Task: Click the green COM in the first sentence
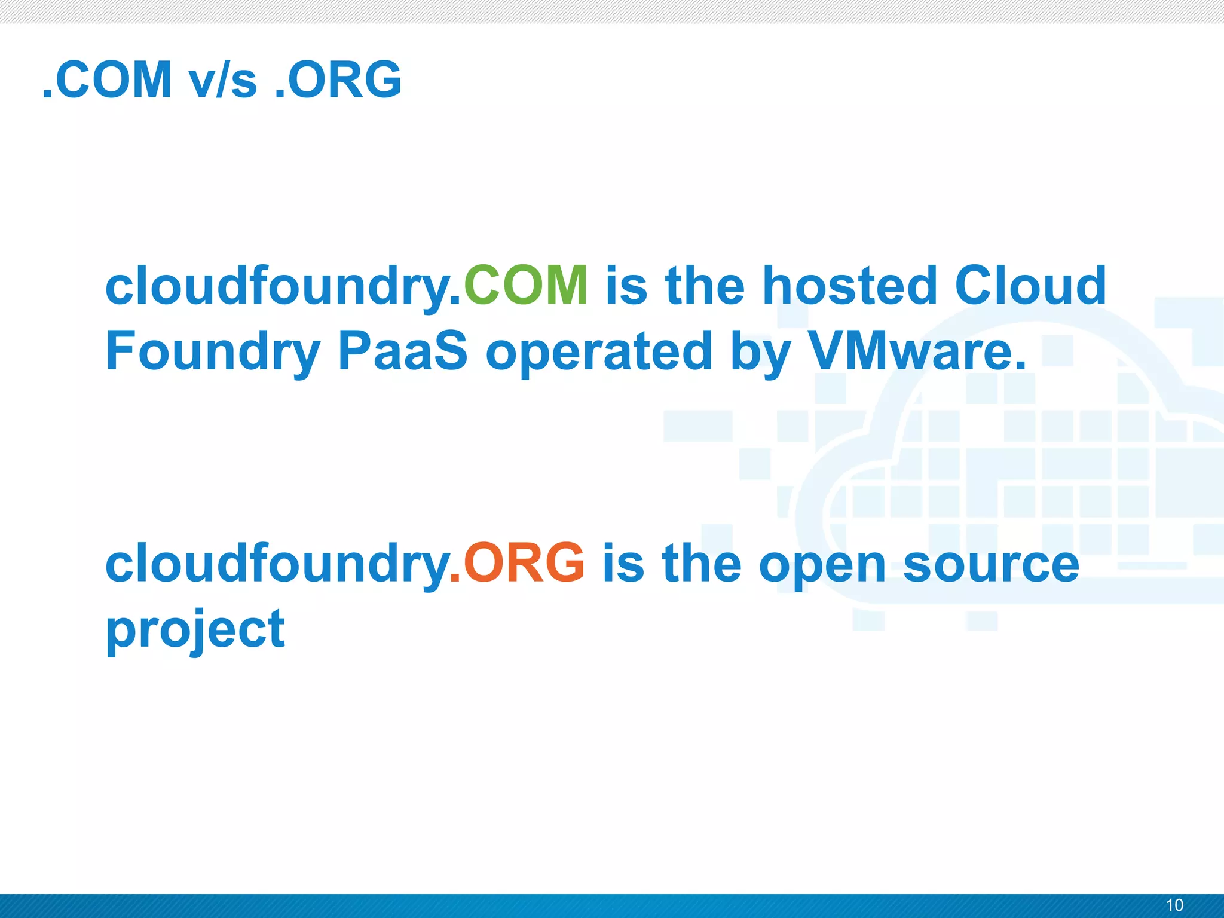tap(526, 286)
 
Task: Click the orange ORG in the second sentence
tap(524, 563)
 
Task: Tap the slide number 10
tap(1174, 905)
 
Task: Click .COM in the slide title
tap(108, 79)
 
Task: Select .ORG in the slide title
tap(338, 79)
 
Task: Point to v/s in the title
tap(223, 79)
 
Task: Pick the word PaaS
tap(402, 351)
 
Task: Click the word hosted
tap(849, 286)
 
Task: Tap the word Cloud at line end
tap(1030, 286)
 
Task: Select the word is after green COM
tap(626, 286)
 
